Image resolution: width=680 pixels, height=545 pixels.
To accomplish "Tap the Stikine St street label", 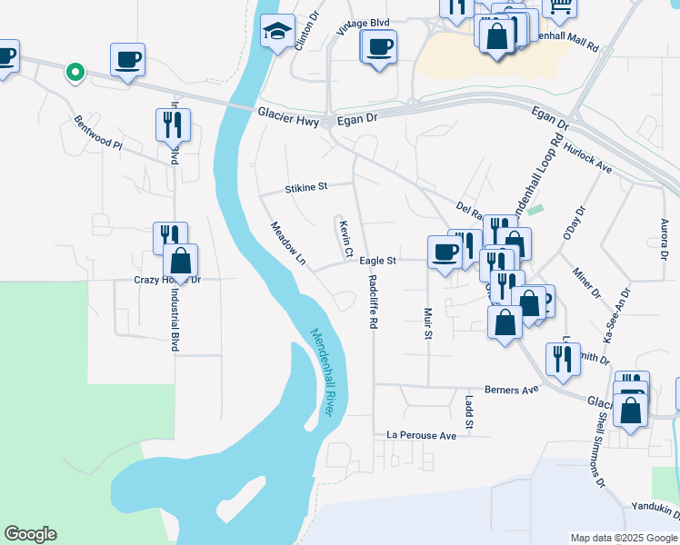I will (x=305, y=188).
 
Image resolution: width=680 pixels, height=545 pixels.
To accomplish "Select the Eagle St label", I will (x=377, y=261).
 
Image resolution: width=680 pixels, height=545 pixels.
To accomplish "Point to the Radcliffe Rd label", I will (x=373, y=301).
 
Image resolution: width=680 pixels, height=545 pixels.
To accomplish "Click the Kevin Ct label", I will (x=345, y=238).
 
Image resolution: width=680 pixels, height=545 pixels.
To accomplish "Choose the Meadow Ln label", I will (x=288, y=243).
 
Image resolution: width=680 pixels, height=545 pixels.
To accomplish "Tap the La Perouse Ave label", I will (x=421, y=436).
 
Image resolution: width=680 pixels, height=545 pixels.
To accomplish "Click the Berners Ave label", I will (x=511, y=389).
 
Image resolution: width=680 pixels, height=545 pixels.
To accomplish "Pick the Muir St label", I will (x=427, y=322).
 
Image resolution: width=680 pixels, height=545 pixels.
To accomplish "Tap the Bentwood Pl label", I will (x=98, y=134).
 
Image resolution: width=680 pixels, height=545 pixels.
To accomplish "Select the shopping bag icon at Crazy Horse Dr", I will (x=181, y=261).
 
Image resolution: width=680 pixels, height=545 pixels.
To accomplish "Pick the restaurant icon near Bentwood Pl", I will (x=173, y=124).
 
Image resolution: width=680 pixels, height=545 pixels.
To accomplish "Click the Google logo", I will (x=30, y=534).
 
